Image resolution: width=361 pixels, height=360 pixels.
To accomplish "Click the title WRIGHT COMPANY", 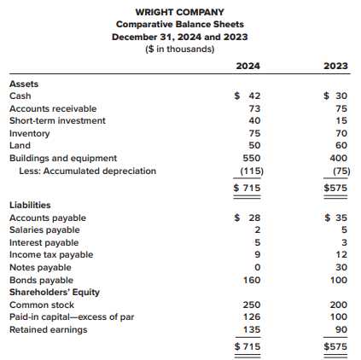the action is click(179, 12).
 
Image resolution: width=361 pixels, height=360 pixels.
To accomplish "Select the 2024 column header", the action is click(247, 66).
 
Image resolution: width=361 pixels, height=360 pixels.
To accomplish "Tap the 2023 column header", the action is click(335, 66).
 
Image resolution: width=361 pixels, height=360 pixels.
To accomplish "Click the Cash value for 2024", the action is click(247, 96).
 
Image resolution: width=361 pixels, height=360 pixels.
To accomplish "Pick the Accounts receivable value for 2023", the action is click(341, 108).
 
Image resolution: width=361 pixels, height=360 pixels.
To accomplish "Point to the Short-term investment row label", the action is click(57, 120).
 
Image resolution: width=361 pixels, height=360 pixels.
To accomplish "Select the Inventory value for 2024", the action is click(254, 133).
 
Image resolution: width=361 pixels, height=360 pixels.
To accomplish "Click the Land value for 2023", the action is click(341, 145).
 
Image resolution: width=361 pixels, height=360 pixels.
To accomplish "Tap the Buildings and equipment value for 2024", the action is click(252, 158).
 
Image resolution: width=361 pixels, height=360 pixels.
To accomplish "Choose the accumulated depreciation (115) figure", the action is click(252, 171).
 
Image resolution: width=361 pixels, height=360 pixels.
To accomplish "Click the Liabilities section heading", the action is click(30, 205).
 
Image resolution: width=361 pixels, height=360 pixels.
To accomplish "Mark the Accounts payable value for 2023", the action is click(336, 218).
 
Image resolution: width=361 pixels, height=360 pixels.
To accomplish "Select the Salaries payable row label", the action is click(44, 229).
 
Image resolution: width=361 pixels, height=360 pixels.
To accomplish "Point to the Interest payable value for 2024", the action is click(258, 242).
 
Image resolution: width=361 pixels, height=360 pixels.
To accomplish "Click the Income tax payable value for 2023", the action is click(341, 254).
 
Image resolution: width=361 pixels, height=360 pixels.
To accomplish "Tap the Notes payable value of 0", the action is click(258, 267).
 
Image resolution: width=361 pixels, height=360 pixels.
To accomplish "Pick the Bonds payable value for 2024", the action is click(252, 280).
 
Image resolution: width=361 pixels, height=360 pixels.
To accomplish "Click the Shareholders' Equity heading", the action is click(55, 293).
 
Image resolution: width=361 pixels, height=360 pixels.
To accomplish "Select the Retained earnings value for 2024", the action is click(252, 329).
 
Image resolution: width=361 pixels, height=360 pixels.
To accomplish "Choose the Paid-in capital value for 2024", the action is click(252, 316).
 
